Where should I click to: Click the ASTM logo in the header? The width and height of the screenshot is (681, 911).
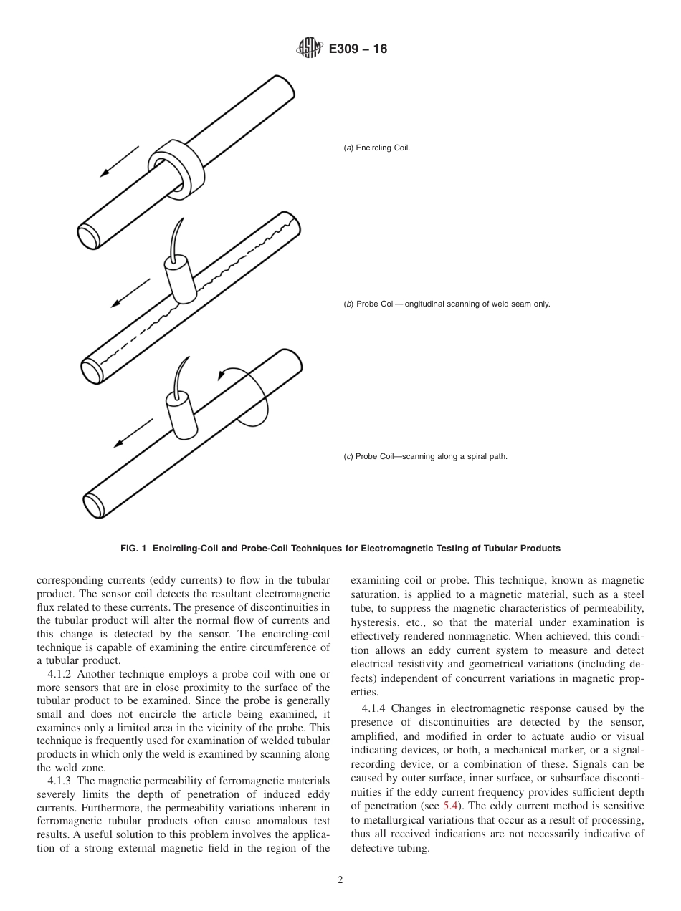click(310, 49)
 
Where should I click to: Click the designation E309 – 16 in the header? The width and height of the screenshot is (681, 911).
click(358, 49)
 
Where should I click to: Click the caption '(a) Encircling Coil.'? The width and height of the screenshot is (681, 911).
click(377, 148)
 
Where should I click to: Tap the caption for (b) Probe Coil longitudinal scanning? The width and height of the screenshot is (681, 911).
click(447, 304)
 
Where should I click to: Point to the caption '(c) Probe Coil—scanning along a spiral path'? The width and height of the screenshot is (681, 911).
click(426, 456)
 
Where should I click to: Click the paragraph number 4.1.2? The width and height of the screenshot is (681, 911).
click(59, 674)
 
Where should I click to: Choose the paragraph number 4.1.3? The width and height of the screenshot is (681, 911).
click(59, 780)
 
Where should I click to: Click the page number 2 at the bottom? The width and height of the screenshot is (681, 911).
click(340, 880)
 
